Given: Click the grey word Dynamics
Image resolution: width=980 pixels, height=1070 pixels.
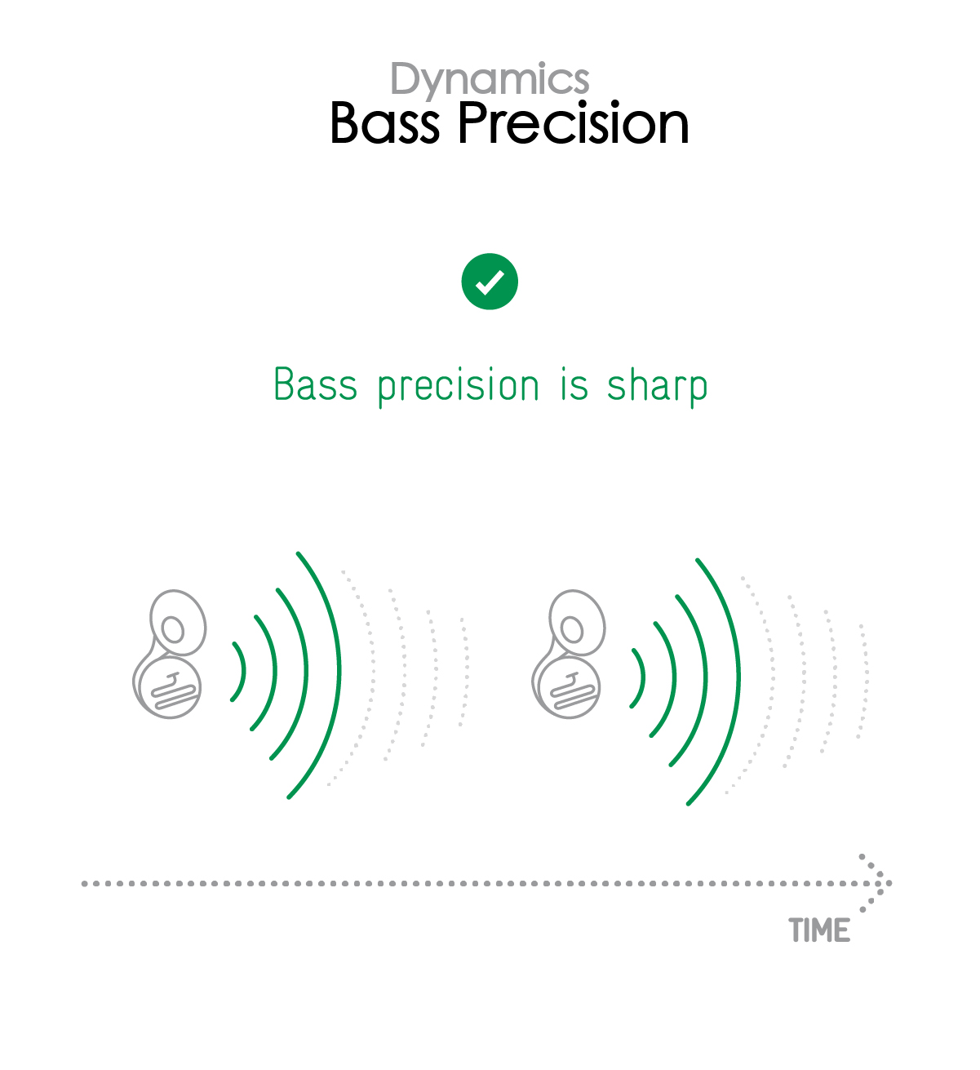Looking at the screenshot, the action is click(490, 80).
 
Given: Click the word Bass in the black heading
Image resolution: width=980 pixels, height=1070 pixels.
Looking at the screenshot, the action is click(384, 123).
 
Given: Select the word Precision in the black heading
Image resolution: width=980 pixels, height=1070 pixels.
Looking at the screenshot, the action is click(574, 123).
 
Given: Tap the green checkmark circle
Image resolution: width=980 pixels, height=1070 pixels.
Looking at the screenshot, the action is click(490, 281).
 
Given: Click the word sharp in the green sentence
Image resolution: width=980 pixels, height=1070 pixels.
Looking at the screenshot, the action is click(657, 385).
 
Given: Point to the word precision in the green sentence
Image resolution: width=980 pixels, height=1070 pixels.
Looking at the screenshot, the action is click(459, 385).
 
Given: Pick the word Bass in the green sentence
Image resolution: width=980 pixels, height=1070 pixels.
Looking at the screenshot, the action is click(315, 384).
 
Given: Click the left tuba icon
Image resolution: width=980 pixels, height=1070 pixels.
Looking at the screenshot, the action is click(169, 654).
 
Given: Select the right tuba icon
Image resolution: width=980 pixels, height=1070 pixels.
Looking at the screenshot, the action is click(568, 654).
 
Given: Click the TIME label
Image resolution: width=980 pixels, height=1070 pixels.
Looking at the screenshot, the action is click(819, 930).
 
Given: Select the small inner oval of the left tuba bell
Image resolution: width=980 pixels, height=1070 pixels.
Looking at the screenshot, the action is click(172, 629).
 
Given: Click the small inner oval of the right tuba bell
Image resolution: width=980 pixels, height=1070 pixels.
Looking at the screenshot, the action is click(571, 629).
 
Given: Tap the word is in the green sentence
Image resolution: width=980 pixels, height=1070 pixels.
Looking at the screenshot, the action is click(574, 384).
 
